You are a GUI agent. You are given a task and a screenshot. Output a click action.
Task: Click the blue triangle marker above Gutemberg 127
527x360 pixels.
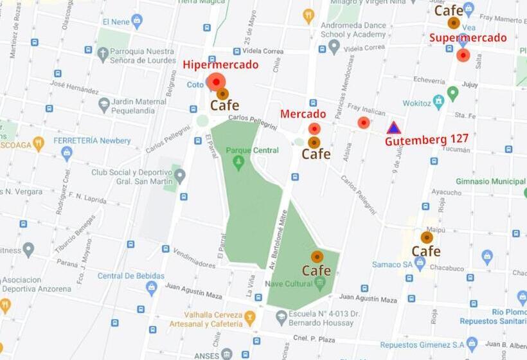(x=394, y=127)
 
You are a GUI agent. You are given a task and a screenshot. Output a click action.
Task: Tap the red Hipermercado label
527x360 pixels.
(x=220, y=64)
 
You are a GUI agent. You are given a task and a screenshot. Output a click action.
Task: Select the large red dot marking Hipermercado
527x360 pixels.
(x=216, y=82)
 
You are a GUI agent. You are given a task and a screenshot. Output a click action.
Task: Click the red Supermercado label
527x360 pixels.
(x=468, y=38)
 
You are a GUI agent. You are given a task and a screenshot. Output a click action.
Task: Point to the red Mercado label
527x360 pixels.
(x=303, y=114)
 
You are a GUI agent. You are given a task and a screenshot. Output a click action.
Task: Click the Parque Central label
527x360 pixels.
(x=253, y=150)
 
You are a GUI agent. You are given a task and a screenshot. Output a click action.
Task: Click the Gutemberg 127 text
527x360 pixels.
(x=427, y=139)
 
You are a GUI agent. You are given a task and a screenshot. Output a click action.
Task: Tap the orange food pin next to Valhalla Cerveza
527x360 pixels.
(x=250, y=316)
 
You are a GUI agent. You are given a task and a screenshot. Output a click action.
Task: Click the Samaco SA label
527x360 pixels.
(x=391, y=264)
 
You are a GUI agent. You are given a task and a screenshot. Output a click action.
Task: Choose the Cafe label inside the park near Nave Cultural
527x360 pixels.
(x=316, y=271)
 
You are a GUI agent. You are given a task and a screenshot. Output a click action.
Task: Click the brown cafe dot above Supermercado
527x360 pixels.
(x=454, y=23)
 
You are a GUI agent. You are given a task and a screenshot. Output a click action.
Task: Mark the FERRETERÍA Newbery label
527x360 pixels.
(x=83, y=140)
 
